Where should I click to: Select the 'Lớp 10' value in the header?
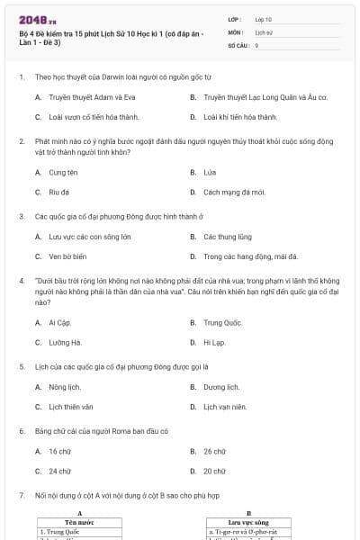click(x=264, y=19)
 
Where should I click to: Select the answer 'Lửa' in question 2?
click(x=210, y=172)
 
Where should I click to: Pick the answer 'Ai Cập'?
click(x=58, y=322)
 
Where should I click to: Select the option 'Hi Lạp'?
click(x=213, y=342)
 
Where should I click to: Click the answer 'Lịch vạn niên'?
click(x=224, y=407)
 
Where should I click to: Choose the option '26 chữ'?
click(x=214, y=451)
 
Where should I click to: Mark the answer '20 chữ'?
click(x=214, y=471)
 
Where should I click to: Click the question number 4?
click(x=21, y=281)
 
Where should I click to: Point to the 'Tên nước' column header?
click(x=80, y=522)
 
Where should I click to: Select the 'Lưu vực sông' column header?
click(x=248, y=522)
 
